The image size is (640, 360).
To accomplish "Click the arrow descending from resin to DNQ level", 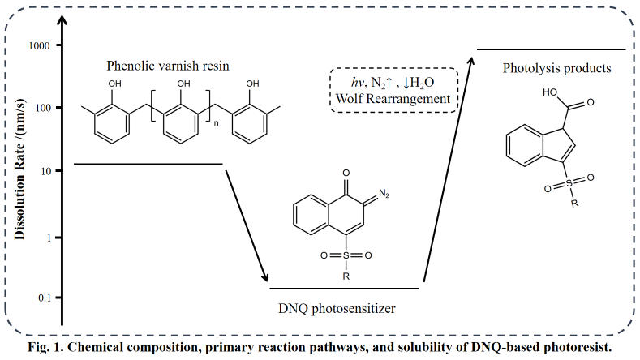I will pos(244,221).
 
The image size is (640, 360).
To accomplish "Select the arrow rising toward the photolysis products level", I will pos(448,168).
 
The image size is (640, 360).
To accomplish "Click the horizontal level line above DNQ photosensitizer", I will pos(344,288).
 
